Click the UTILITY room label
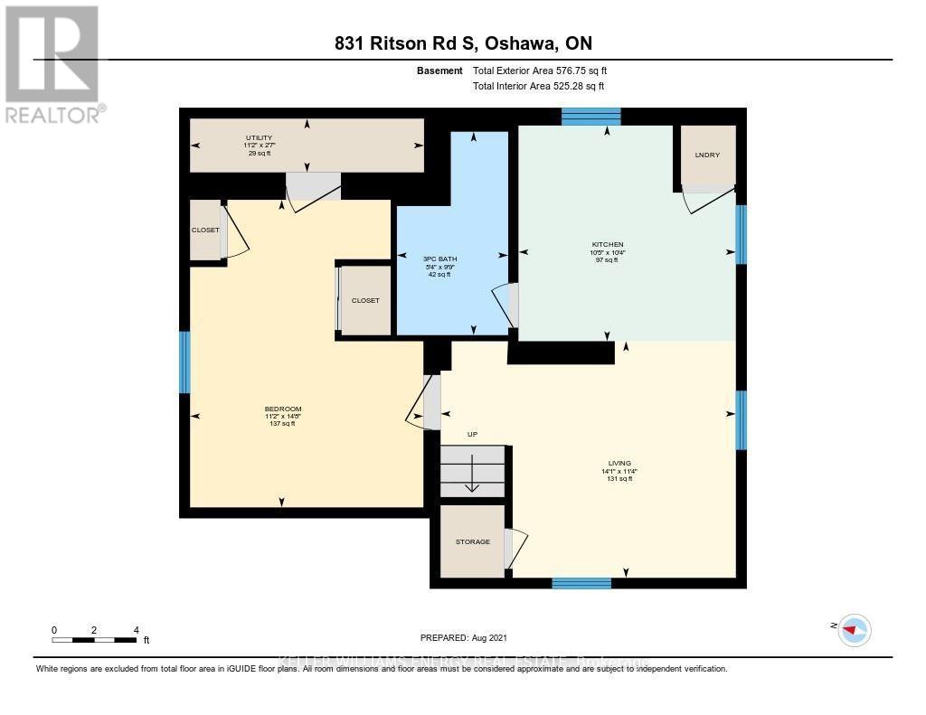258,136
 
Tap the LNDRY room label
707,155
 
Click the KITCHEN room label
608,245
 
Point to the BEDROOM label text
283,409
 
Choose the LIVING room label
619,463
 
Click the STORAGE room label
472,541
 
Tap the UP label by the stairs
472,435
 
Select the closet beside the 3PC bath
365,300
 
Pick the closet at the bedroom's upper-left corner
205,230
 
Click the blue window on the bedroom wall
184,362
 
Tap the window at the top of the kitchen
591,116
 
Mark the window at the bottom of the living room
581,583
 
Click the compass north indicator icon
853,629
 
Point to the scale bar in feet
95,640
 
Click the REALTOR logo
52,64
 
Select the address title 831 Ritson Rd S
462,43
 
